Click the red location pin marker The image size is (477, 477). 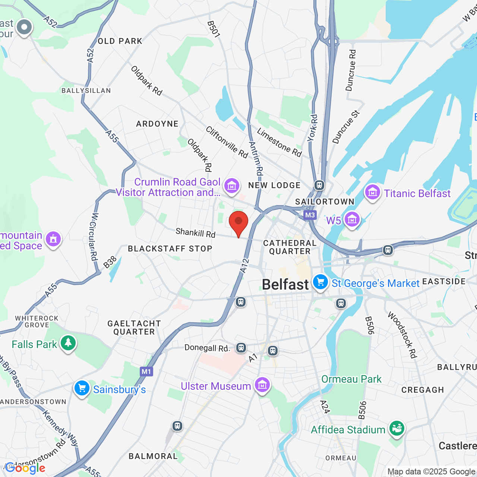click(x=238, y=222)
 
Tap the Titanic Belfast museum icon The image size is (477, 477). click(x=372, y=192)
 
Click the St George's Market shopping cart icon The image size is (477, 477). click(x=320, y=282)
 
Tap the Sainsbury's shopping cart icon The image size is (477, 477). click(x=82, y=388)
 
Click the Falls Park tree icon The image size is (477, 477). click(x=68, y=343)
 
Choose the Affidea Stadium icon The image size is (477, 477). click(x=397, y=429)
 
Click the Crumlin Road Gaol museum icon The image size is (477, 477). click(x=231, y=185)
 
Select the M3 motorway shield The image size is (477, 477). click(x=310, y=215)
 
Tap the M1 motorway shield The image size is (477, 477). click(x=146, y=372)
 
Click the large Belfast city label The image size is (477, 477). click(x=285, y=285)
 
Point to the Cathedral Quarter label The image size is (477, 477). click(x=290, y=247)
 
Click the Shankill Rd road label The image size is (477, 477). click(x=196, y=233)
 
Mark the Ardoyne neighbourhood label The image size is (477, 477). click(x=157, y=124)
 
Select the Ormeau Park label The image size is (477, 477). click(x=351, y=379)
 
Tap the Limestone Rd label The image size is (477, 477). click(x=279, y=142)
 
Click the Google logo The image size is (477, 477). click(x=25, y=468)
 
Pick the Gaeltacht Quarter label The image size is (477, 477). click(x=134, y=328)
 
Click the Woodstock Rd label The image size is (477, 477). click(x=402, y=335)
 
